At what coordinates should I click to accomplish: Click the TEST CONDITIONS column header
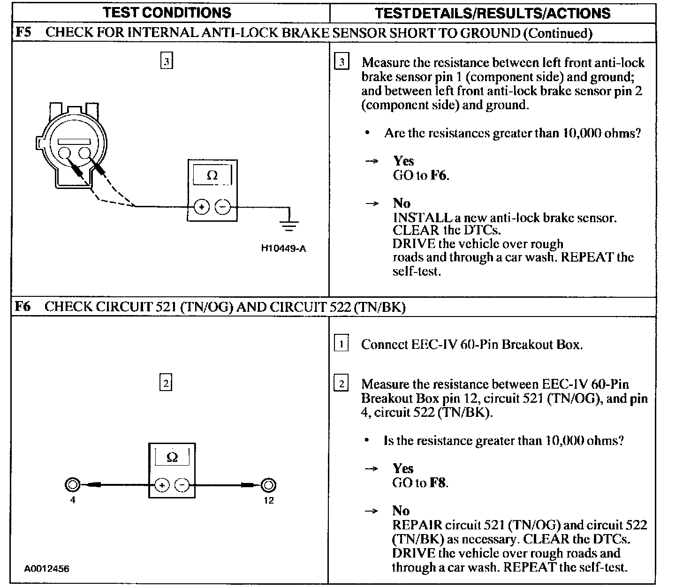167,12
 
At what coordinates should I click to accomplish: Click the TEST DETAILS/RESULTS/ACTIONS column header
493,13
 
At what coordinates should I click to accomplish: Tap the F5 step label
23,33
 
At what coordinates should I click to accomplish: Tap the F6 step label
23,307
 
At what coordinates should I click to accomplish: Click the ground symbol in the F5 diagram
290,225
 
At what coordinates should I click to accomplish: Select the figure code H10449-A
283,249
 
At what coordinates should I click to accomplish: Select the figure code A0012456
47,569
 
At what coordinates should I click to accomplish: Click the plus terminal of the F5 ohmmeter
201,206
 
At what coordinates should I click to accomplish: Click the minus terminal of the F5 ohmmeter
222,206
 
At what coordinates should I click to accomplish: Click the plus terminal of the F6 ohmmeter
161,485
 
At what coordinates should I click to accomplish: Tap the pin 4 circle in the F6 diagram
72,485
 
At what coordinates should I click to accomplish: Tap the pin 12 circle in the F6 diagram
268,485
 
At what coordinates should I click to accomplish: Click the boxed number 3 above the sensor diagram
167,61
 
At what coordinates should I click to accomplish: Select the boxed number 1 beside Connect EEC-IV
341,344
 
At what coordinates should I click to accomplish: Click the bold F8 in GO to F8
438,482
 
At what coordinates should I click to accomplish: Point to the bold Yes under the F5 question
403,161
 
